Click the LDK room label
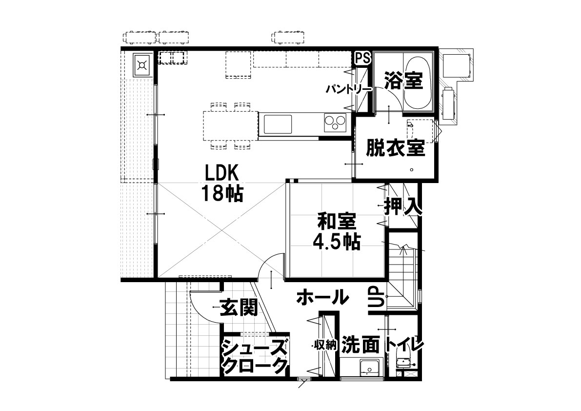(222, 173)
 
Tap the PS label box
(363, 58)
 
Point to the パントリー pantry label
(349, 89)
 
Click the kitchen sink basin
(278, 124)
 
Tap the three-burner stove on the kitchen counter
(335, 123)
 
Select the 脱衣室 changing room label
(395, 148)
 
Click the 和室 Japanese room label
(337, 221)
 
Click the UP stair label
(376, 297)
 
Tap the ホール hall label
(323, 297)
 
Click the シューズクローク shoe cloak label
(255, 356)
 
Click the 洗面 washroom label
(361, 344)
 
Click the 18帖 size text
(222, 193)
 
